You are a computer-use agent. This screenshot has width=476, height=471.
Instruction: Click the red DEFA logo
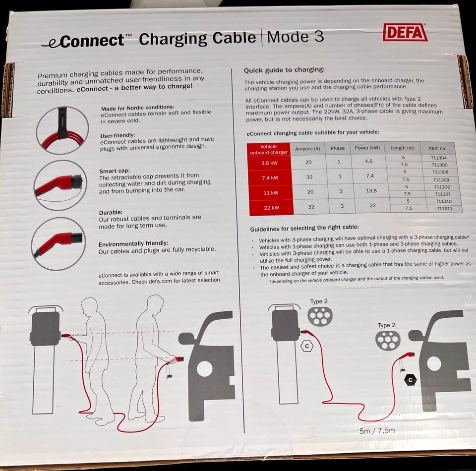click(405, 32)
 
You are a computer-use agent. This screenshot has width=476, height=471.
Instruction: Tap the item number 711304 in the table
click(438, 158)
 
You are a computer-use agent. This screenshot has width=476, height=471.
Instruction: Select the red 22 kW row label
click(271, 208)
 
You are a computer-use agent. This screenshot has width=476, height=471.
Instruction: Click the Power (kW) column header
click(367, 148)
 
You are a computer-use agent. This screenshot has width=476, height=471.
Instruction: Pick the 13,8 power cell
click(371, 190)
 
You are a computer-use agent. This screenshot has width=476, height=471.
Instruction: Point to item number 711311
click(444, 209)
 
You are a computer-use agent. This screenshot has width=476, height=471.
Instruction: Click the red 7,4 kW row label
click(270, 178)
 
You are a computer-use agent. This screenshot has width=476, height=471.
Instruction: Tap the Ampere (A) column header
click(307, 149)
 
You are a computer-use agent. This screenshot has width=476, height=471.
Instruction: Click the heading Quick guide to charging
click(284, 70)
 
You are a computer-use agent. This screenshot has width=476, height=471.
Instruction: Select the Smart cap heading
click(115, 171)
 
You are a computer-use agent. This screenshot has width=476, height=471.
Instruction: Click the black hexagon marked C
click(411, 380)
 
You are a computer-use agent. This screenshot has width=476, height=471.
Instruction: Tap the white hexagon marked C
click(307, 346)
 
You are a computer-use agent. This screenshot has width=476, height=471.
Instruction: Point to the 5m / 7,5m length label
click(377, 431)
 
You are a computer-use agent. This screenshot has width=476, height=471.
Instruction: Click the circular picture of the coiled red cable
click(62, 130)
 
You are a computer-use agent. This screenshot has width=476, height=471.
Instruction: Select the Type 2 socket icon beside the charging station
click(320, 316)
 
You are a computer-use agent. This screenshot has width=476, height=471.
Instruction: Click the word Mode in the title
click(288, 37)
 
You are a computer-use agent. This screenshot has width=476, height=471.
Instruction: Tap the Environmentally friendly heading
click(133, 244)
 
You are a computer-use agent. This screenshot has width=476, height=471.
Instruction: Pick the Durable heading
click(111, 212)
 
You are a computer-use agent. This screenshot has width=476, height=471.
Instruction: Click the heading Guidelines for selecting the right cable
click(304, 228)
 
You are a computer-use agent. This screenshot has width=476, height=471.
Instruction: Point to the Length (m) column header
click(402, 148)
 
